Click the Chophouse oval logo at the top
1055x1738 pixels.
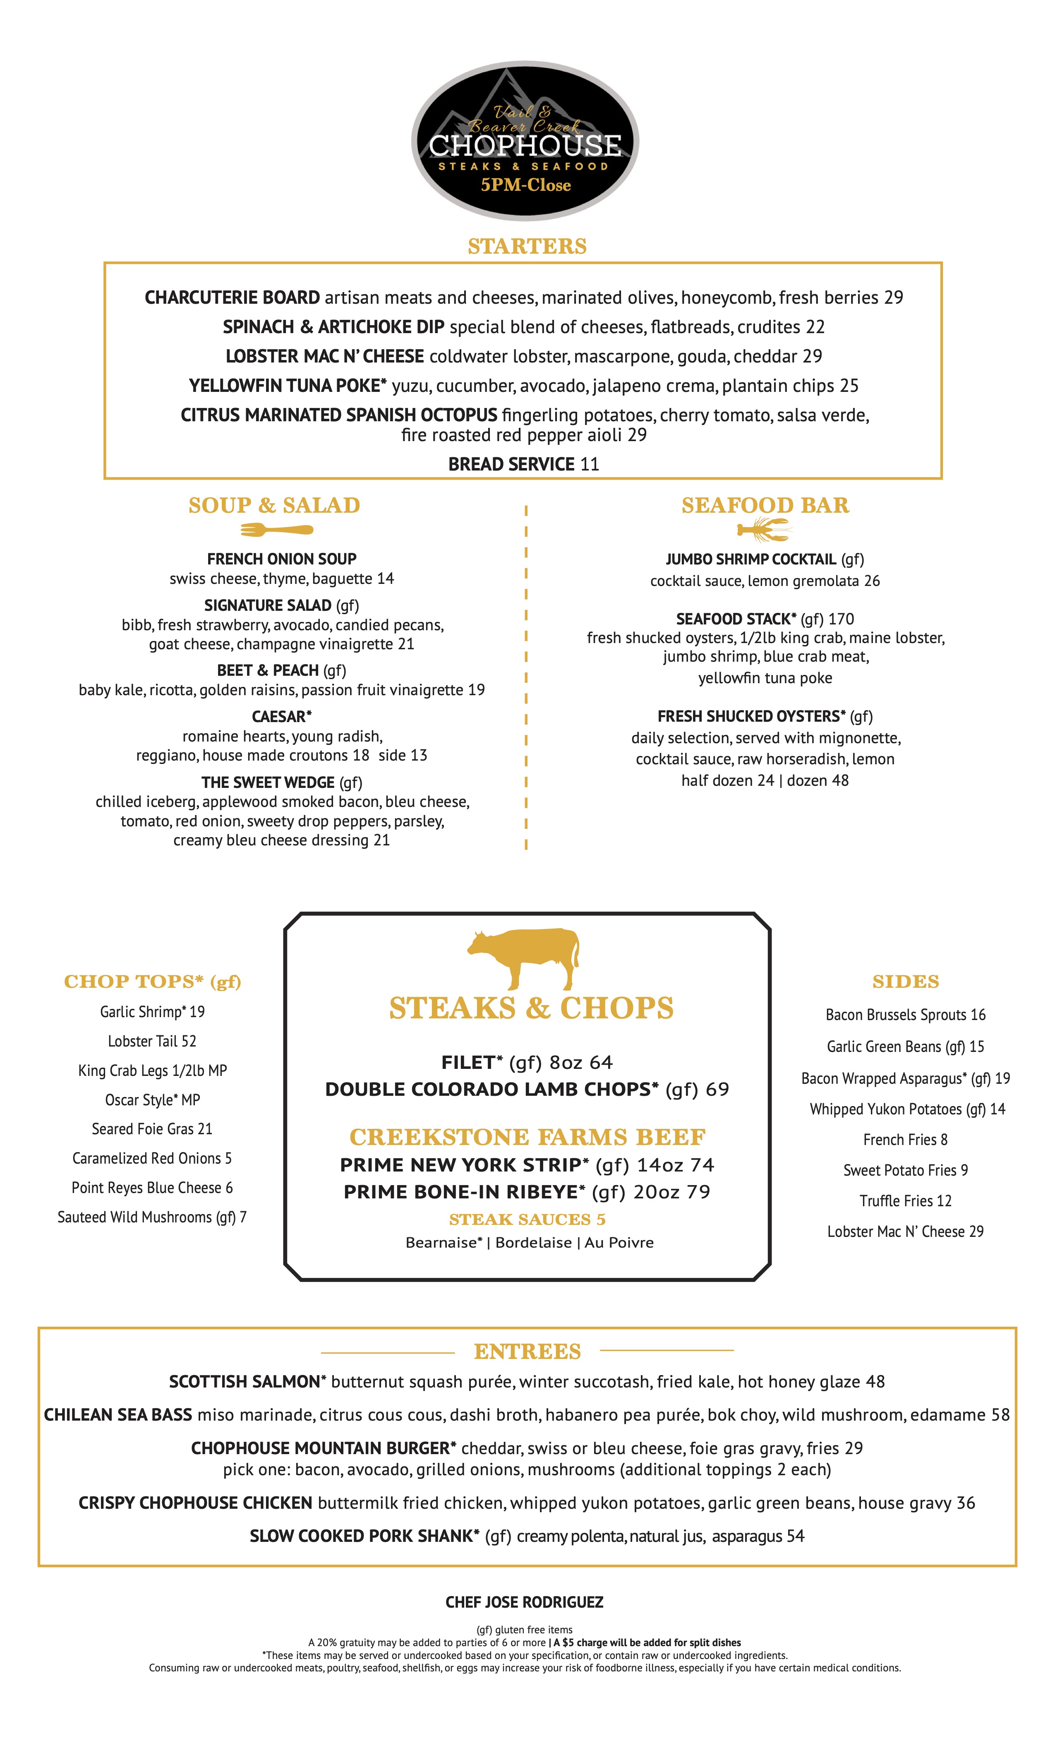pyautogui.click(x=525, y=141)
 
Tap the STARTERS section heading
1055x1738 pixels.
pyautogui.click(x=527, y=246)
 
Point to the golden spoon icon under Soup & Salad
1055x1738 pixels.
pyautogui.click(x=276, y=529)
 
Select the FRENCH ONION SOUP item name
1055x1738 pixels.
pyautogui.click(x=281, y=559)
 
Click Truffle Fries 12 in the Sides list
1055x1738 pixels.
pyautogui.click(x=906, y=1200)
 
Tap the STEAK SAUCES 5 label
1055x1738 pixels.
pyautogui.click(x=527, y=1219)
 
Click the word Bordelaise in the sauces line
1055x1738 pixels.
pyautogui.click(x=533, y=1243)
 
